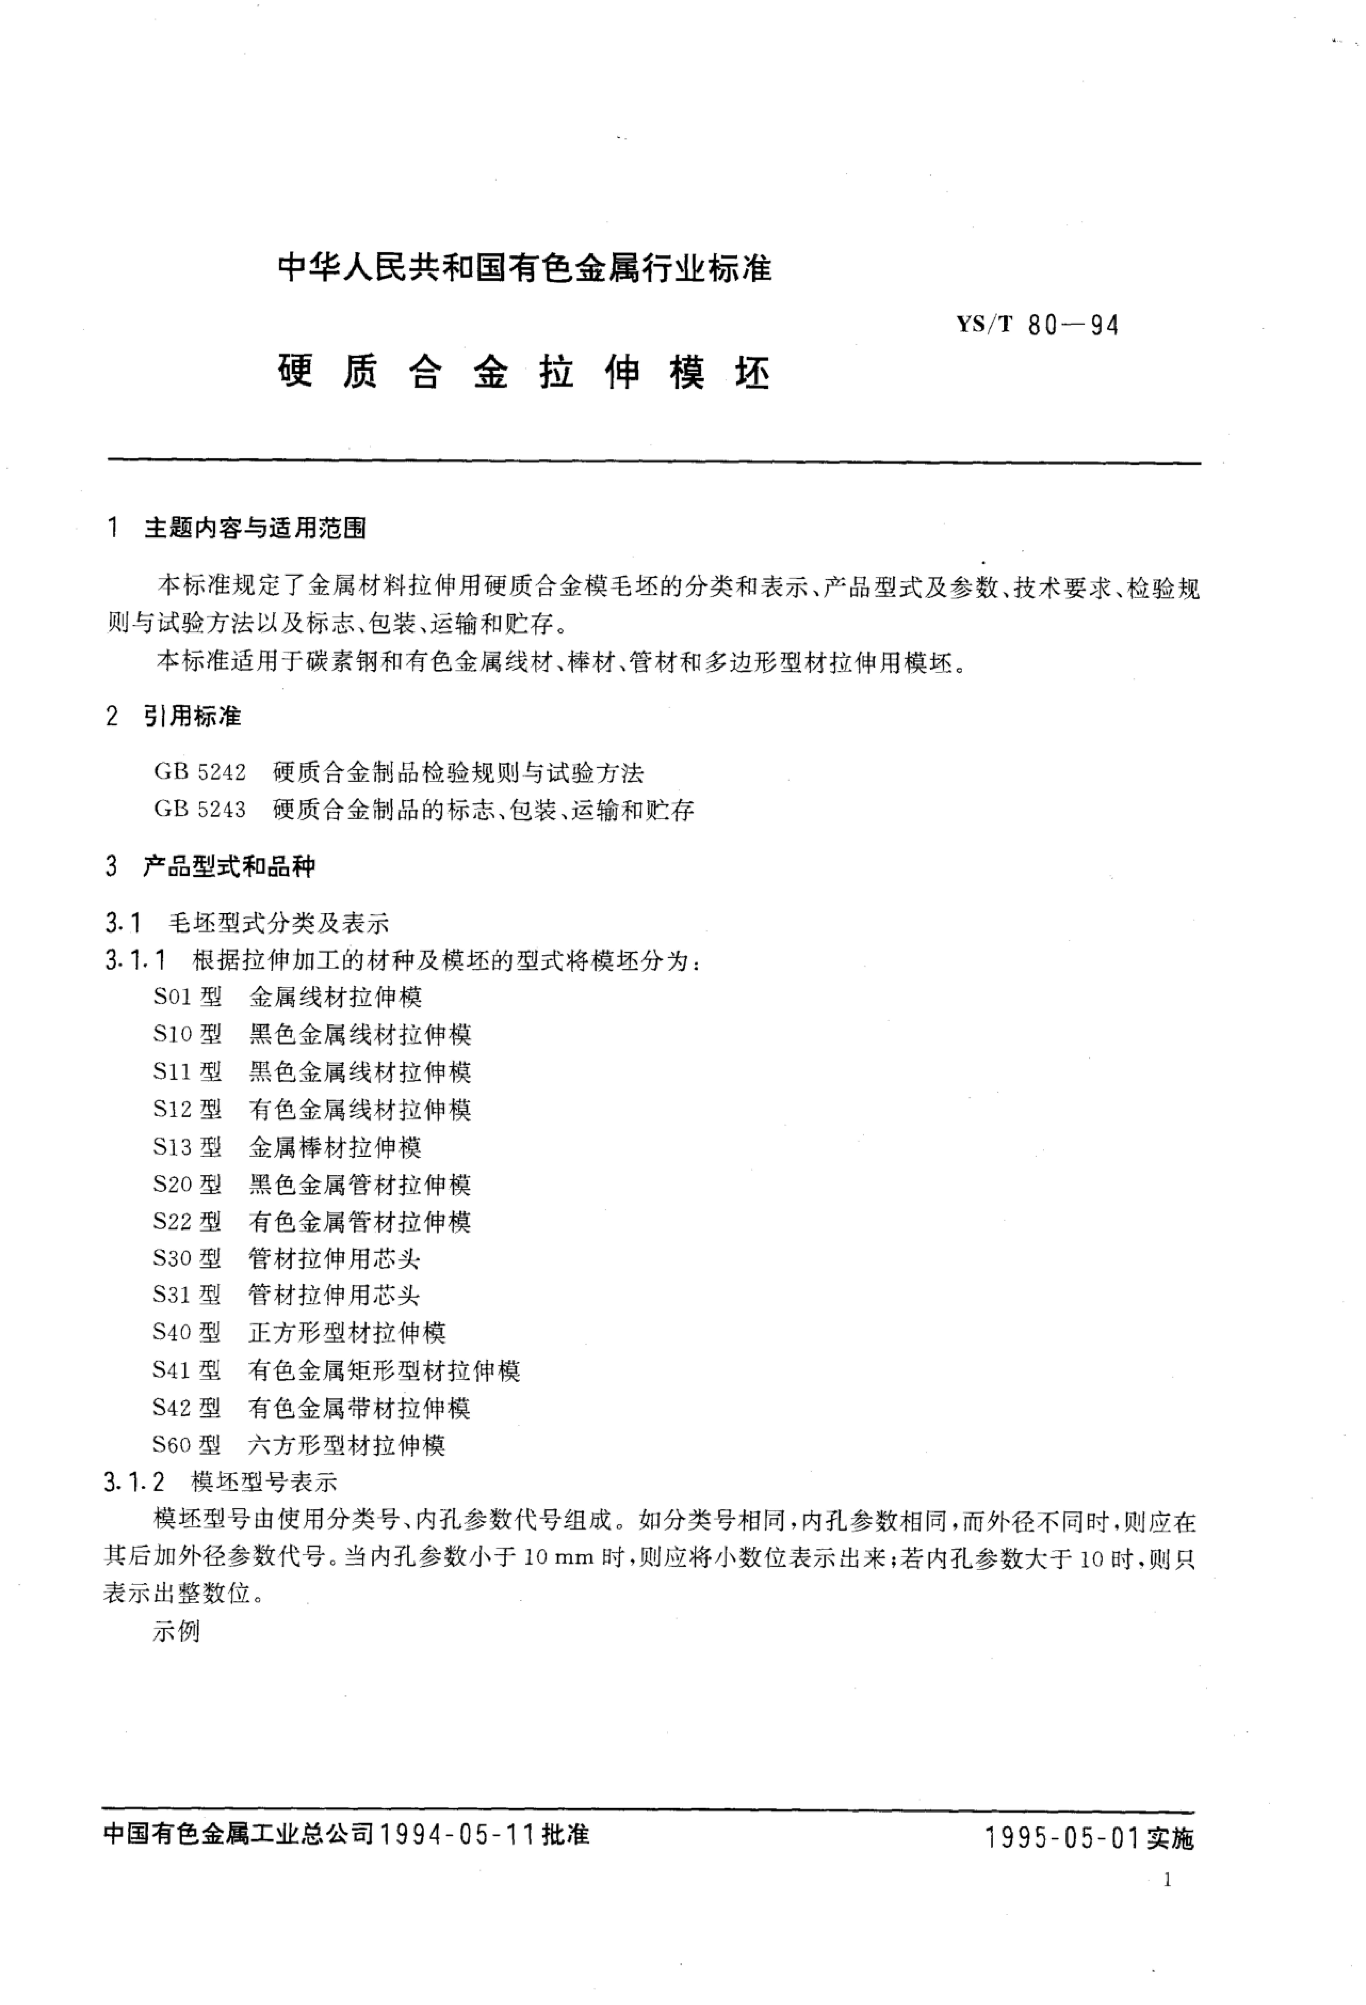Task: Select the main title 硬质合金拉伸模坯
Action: click(524, 373)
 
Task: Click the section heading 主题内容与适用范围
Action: click(255, 528)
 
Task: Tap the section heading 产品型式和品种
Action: click(229, 866)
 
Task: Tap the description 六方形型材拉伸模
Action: click(347, 1445)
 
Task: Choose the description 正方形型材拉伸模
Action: click(347, 1333)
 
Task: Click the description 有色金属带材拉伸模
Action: click(360, 1408)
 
